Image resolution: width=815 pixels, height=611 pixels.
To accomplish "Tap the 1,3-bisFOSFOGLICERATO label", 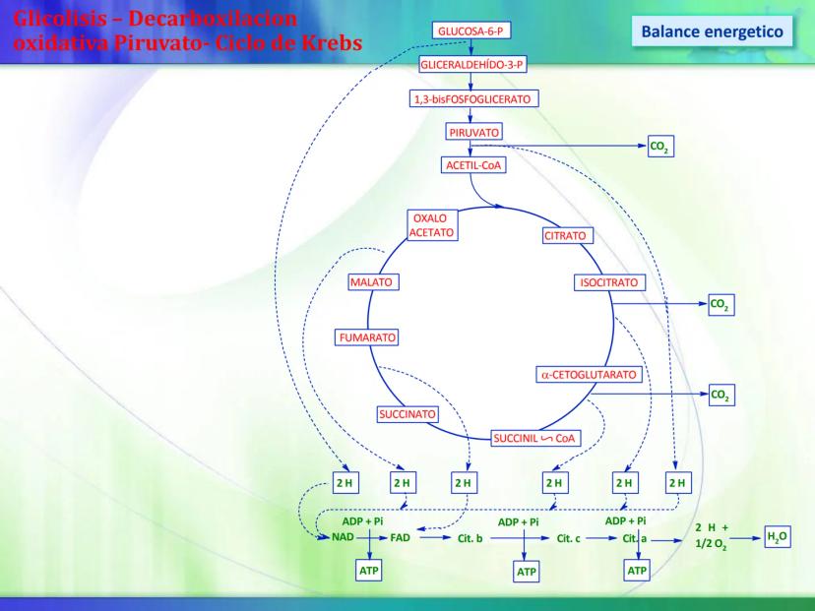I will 474,99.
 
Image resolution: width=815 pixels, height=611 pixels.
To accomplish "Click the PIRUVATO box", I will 473,131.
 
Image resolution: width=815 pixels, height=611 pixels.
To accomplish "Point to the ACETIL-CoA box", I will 474,164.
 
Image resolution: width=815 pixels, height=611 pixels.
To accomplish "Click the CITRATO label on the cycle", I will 565,236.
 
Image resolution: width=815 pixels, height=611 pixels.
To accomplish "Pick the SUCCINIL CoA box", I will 535,438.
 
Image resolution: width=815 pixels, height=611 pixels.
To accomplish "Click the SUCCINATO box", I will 407,414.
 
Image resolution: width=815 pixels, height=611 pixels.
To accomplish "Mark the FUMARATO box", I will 367,337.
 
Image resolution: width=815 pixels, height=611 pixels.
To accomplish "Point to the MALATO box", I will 371,282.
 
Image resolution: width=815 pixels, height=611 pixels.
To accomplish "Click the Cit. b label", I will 464,538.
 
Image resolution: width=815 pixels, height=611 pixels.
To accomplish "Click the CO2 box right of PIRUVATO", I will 660,148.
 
